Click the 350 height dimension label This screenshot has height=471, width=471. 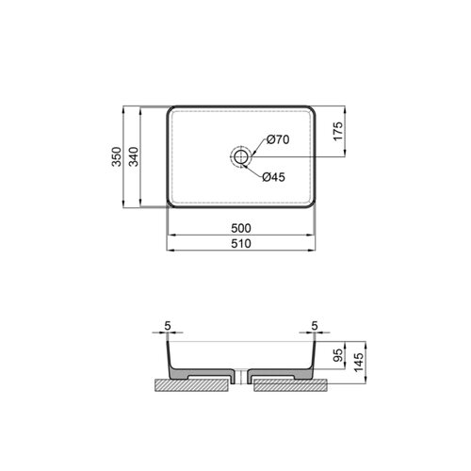pos(117,156)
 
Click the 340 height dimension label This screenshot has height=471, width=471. pos(134,156)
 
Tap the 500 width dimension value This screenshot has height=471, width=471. pos(241,228)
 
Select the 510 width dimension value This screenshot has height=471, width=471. pos(241,244)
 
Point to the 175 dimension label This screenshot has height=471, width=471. pos(338,131)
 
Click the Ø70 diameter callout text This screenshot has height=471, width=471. pos(278,139)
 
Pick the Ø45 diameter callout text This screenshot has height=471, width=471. pos(274,177)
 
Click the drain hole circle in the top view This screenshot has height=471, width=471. pos(241,156)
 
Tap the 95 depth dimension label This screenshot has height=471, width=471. pos(338,355)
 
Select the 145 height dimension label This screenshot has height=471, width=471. pos(358,362)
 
